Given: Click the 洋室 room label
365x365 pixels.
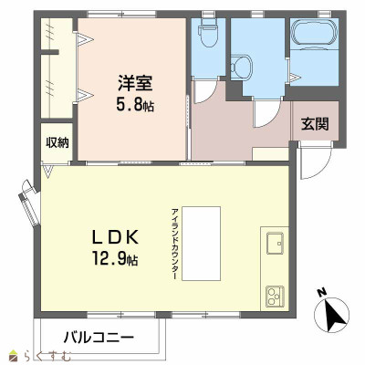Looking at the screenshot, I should pos(133,81).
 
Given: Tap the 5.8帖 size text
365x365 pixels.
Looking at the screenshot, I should pos(134,106).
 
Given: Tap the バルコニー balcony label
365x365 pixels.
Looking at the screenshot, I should pos(99,338).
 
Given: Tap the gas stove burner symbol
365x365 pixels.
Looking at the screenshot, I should pos(275,295).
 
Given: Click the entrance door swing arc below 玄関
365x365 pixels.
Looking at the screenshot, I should pos(313,162).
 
